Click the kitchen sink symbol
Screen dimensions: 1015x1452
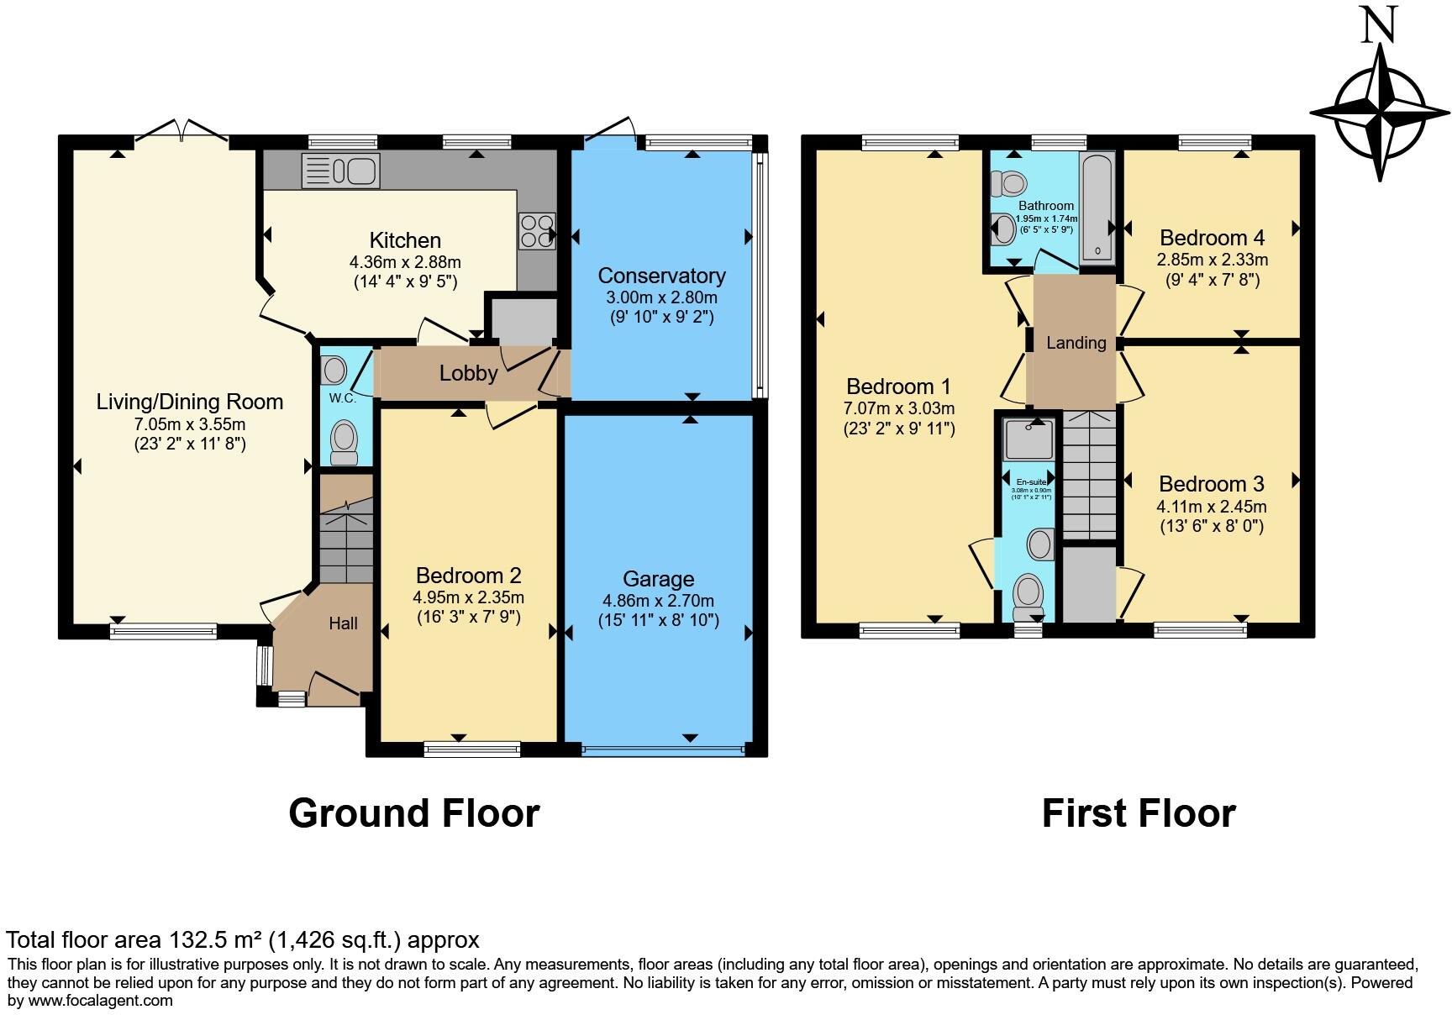[x=341, y=171]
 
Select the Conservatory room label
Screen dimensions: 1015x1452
[x=661, y=276]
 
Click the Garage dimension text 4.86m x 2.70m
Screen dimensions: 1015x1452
[x=658, y=601]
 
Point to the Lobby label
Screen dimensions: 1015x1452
[x=468, y=373]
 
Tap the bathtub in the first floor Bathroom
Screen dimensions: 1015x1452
[x=1097, y=207]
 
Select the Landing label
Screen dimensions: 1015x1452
[x=1076, y=343]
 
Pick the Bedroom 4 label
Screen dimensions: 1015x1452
[x=1212, y=238]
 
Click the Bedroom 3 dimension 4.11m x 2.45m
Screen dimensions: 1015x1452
[x=1211, y=507]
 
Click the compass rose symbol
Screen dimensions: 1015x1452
[x=1380, y=113]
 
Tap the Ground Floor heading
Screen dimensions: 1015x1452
[x=413, y=813]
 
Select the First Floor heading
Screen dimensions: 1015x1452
[x=1139, y=813]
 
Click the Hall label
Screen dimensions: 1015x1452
[x=343, y=623]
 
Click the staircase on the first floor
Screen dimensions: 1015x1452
[x=1090, y=475]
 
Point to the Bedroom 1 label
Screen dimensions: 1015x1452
[x=898, y=387]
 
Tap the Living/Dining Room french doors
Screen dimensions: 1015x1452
[x=181, y=130]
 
